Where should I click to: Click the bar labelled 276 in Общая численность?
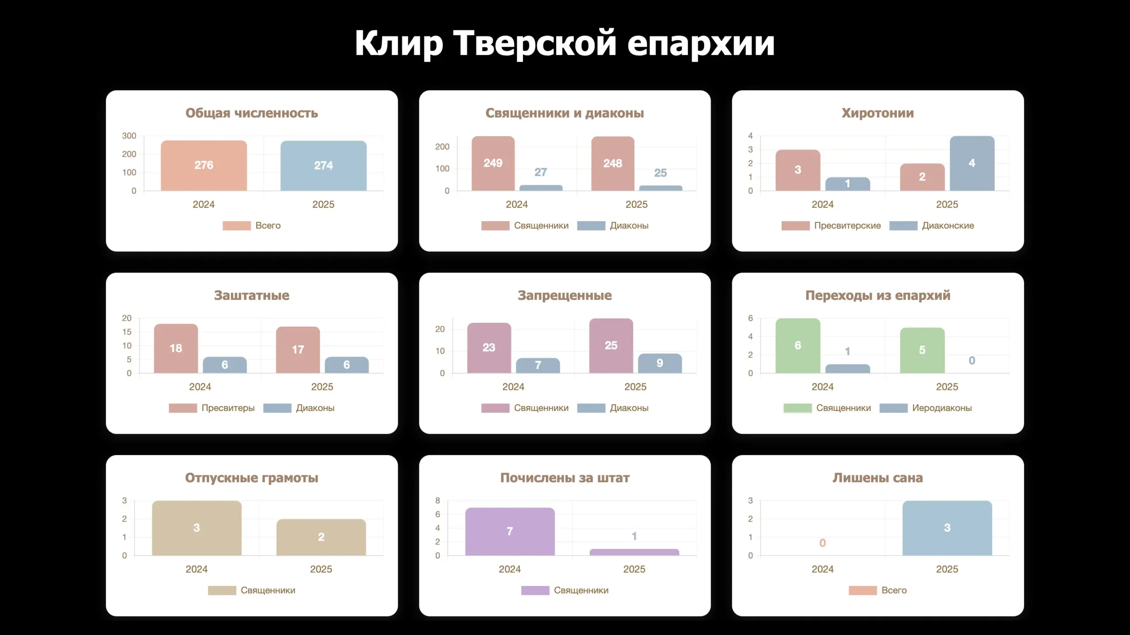click(x=203, y=165)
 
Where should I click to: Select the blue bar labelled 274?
click(x=323, y=166)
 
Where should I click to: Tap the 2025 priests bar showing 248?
click(x=613, y=164)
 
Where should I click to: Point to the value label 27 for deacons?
click(x=541, y=172)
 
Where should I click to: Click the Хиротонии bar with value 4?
click(x=972, y=163)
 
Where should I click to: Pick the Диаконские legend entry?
click(x=931, y=226)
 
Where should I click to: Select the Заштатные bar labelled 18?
click(x=176, y=348)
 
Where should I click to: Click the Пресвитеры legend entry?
click(x=212, y=408)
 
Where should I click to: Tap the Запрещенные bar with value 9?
click(x=659, y=363)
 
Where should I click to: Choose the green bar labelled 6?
click(x=798, y=346)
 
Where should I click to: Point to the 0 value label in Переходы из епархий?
click(x=972, y=361)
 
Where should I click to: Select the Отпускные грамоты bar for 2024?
click(x=196, y=528)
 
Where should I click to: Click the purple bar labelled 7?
click(x=510, y=531)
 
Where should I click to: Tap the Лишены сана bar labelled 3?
click(x=947, y=528)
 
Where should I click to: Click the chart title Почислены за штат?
click(x=565, y=478)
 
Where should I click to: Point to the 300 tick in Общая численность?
click(x=129, y=136)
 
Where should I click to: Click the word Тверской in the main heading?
click(x=535, y=43)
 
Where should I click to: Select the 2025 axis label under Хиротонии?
click(x=947, y=205)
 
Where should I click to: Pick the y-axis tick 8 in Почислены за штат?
click(x=437, y=501)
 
